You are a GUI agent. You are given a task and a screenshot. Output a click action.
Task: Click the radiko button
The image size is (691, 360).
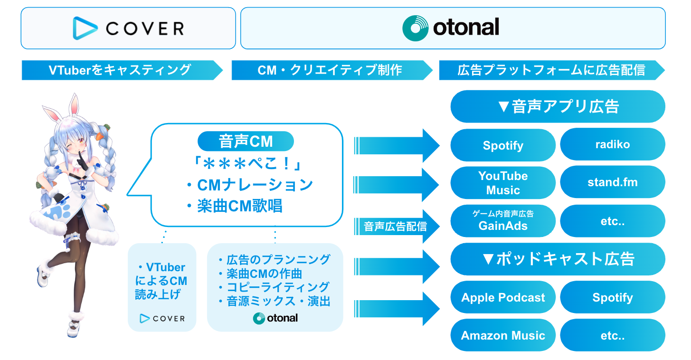[x=612, y=144]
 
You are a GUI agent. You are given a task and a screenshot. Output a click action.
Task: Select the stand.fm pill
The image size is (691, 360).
[x=612, y=182]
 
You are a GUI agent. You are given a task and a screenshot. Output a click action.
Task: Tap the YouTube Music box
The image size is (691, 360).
[x=503, y=183]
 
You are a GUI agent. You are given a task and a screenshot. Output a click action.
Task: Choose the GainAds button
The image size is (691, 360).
[x=503, y=221]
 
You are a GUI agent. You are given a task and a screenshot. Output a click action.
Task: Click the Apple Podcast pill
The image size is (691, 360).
[x=503, y=298]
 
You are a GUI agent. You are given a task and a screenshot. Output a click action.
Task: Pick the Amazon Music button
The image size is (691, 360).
[x=503, y=335]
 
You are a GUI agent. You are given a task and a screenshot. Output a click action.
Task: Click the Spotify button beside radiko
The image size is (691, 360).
[x=503, y=145]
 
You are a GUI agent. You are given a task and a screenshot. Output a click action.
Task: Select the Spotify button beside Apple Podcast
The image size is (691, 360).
[x=612, y=298]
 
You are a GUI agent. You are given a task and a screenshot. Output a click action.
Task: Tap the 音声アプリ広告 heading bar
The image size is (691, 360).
[x=558, y=106]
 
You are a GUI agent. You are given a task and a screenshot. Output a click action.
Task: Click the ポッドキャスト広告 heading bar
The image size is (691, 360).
[x=558, y=259]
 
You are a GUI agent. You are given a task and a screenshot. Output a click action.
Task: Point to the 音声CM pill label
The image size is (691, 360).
[x=246, y=142]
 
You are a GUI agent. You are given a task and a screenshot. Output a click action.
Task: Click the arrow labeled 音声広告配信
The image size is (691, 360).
[x=397, y=226]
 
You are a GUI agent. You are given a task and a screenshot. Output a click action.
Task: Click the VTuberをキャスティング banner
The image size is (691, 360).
[x=121, y=70]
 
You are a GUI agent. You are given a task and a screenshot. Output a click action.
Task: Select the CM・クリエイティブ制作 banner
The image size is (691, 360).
[x=331, y=70]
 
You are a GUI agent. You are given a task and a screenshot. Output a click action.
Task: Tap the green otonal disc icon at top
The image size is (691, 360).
[x=415, y=28]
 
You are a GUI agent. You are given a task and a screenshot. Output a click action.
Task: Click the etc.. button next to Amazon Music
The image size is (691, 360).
[x=612, y=335]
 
